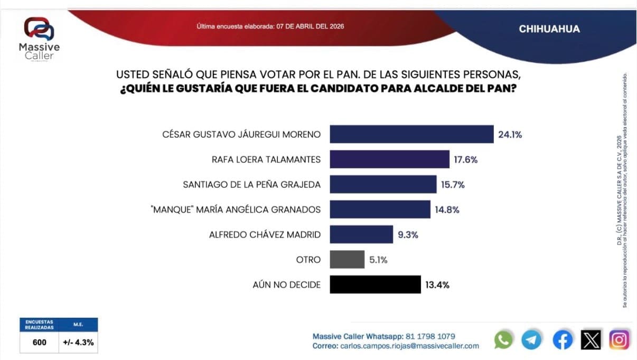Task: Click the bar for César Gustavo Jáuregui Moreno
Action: click(411, 134)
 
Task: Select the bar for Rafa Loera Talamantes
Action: click(389, 159)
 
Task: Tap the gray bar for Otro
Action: click(347, 259)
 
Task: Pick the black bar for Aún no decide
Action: click(375, 285)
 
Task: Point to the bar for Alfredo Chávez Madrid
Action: click(361, 234)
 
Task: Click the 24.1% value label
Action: click(510, 135)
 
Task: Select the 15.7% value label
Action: click(453, 185)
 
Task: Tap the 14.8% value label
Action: click(447, 210)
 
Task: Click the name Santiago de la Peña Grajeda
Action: click(251, 185)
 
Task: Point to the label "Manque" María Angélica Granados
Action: click(236, 210)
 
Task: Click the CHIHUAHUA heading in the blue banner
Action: click(549, 29)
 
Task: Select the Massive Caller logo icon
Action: click(39, 29)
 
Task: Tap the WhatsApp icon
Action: click(503, 339)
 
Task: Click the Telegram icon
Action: click(531, 339)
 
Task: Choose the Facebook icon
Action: click(563, 339)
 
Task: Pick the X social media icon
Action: click(591, 339)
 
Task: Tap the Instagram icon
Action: click(620, 339)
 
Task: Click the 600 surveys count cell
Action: click(39, 342)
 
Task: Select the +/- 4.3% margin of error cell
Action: click(78, 342)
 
